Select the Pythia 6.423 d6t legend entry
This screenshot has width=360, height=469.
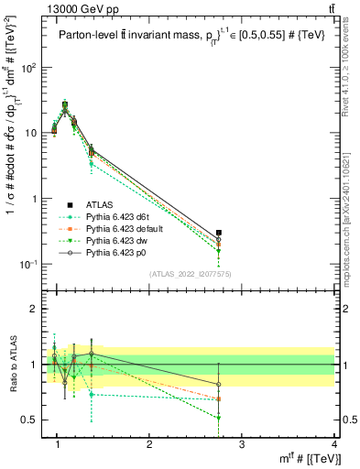(x=115, y=216)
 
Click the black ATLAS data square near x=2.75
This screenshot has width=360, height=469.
(x=218, y=234)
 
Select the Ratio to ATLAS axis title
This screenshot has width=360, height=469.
(x=12, y=364)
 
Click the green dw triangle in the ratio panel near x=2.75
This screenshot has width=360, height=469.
(x=218, y=418)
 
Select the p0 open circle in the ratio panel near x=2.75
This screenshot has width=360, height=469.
(x=218, y=384)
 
